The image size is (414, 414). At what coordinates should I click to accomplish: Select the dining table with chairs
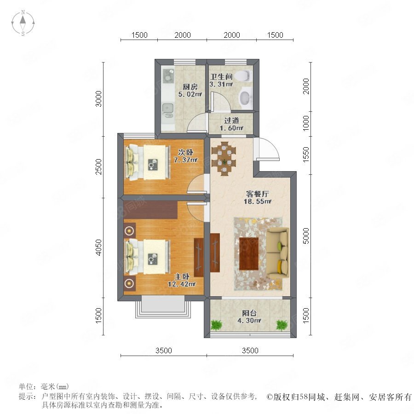(224, 156)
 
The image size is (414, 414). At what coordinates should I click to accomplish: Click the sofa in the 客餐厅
(278, 253)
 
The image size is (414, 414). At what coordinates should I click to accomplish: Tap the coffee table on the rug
(249, 253)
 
